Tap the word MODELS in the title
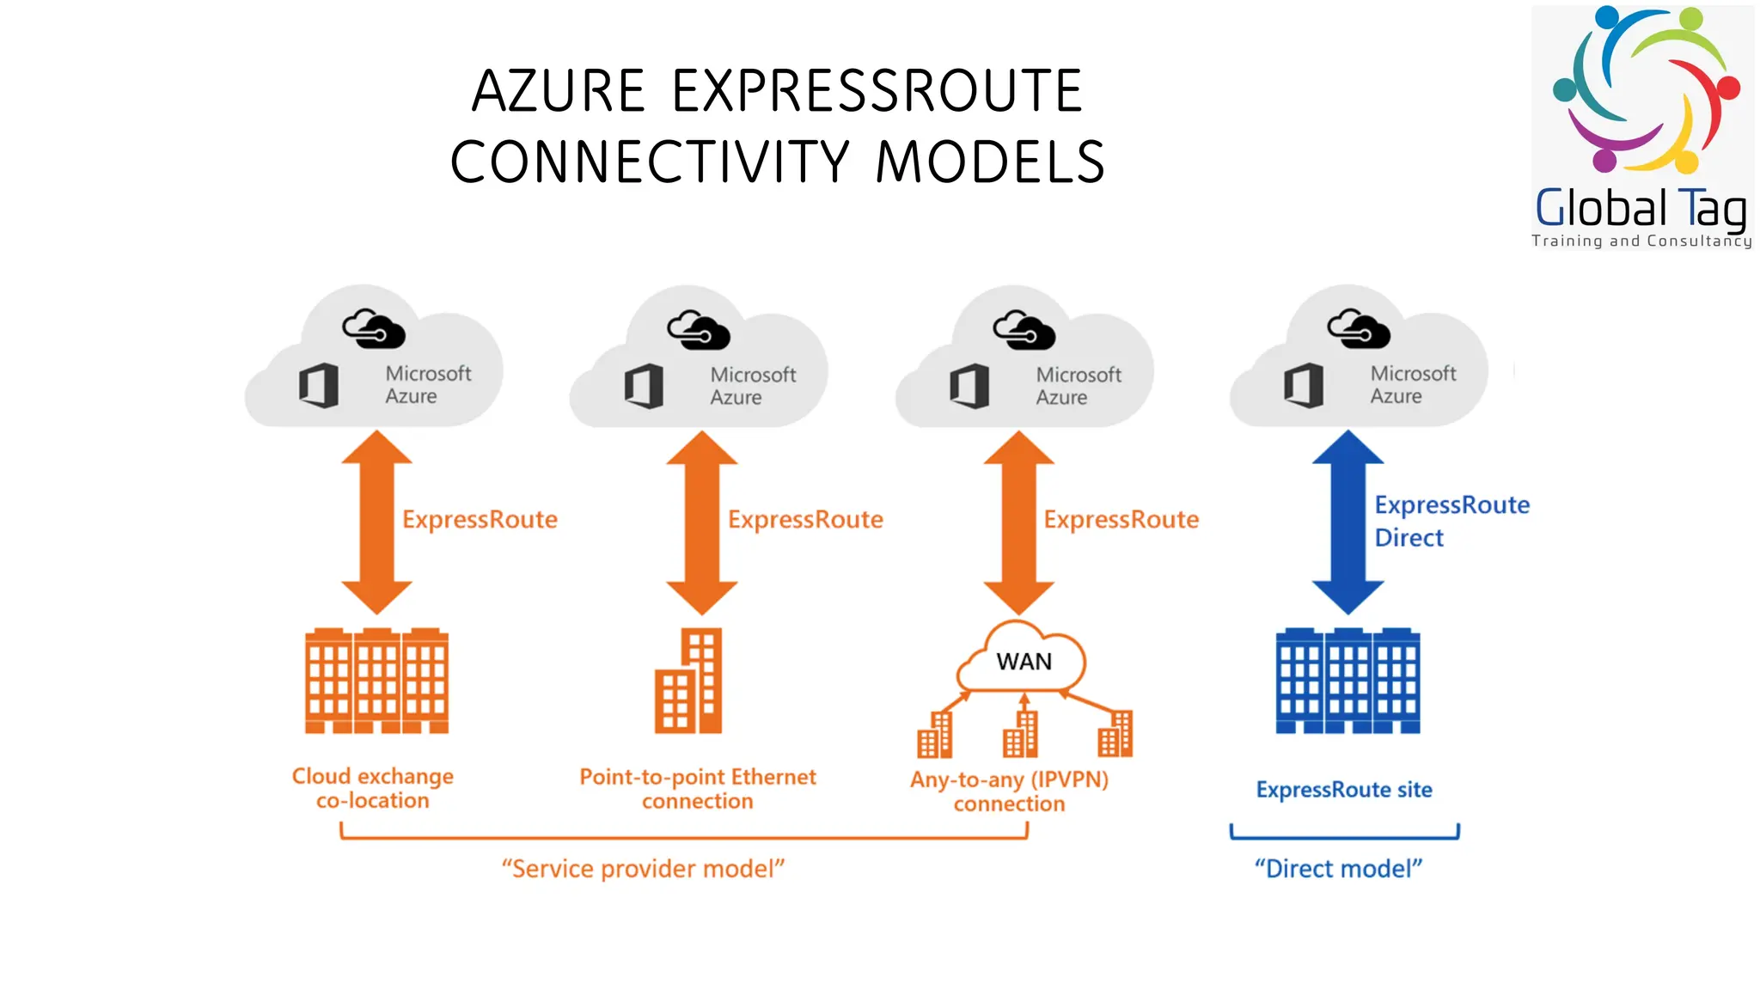click(x=990, y=162)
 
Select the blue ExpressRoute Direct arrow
click(x=1347, y=522)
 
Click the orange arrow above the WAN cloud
click(x=1018, y=522)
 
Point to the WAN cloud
click(x=1023, y=661)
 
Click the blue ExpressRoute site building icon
click(x=1347, y=681)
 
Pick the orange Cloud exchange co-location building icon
click(x=376, y=681)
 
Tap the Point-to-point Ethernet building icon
click(x=689, y=681)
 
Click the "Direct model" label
click(x=1338, y=869)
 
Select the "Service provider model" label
click(x=643, y=869)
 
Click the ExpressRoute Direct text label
click(x=1451, y=521)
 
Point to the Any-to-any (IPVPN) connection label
click(x=1009, y=791)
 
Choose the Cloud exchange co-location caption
click(x=372, y=788)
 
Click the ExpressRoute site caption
click(x=1344, y=790)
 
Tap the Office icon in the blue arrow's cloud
click(x=1303, y=385)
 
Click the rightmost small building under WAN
click(x=1115, y=735)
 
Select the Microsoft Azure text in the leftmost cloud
click(x=427, y=385)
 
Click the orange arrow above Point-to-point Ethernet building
click(x=701, y=522)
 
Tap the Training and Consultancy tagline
click(x=1641, y=241)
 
